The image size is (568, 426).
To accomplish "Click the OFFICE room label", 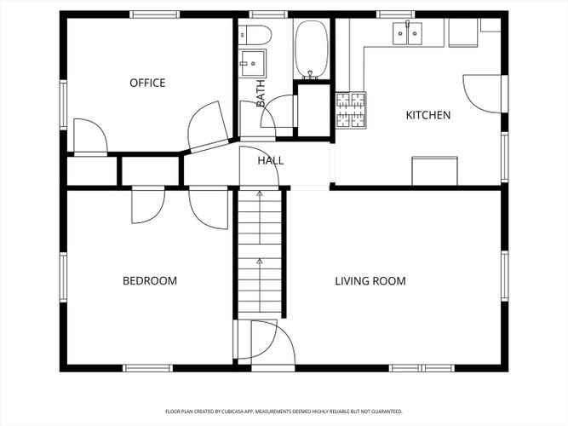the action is tap(147, 83).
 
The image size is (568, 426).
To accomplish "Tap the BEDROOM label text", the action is tap(150, 281).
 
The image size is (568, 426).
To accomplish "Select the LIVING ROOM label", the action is tap(370, 281).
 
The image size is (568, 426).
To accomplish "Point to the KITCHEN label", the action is tap(428, 115).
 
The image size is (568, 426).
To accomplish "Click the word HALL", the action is tap(271, 160).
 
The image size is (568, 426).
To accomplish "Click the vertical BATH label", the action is tap(260, 93).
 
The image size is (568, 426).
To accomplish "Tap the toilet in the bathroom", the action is tap(255, 35).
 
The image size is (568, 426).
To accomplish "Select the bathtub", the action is tap(312, 49).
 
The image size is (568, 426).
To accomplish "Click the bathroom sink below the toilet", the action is tap(252, 63).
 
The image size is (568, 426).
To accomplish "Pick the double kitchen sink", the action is tap(408, 33).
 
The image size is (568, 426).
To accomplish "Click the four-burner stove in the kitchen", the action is tap(351, 110).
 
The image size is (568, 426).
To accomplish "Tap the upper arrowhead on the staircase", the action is tap(260, 193).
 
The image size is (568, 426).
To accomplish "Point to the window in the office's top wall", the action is tap(155, 14).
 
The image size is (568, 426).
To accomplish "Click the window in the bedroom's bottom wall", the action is tap(147, 368).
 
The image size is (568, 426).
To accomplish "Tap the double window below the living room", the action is tap(422, 368).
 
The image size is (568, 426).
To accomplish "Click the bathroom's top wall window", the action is tap(268, 14).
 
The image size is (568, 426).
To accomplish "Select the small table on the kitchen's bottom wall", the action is tap(434, 170).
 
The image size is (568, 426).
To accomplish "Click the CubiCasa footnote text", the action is tap(284, 412).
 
